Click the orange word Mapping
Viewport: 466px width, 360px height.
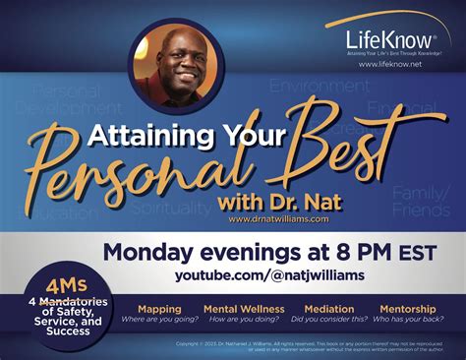coord(158,308)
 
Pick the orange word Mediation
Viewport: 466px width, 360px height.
coord(329,308)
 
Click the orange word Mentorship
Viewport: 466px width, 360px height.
coord(414,308)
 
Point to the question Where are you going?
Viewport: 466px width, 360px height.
coord(158,320)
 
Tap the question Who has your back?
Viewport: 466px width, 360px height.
coord(414,320)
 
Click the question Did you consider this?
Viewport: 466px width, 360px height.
coord(329,320)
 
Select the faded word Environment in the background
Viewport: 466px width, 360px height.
coord(320,87)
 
